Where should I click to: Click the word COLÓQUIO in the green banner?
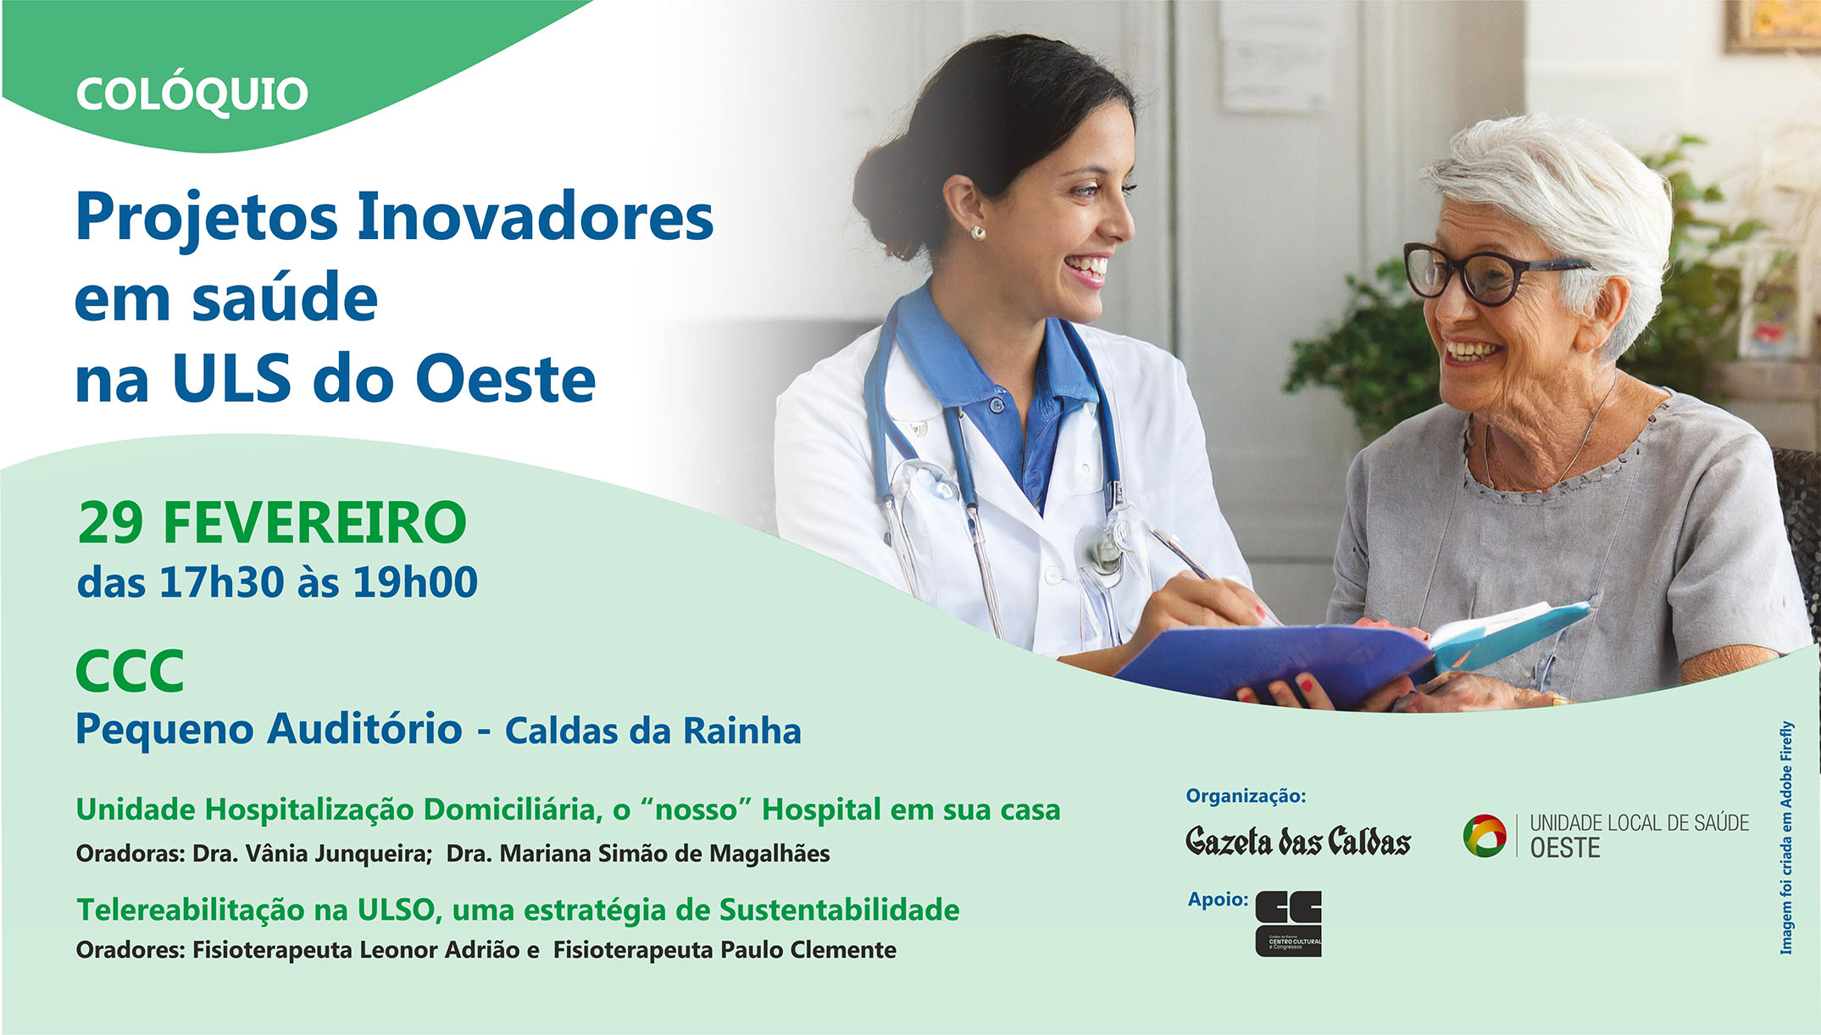point(192,93)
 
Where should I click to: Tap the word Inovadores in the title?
point(535,217)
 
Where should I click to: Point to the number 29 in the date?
point(110,522)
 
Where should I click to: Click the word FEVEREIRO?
point(314,522)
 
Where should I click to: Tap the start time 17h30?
point(221,582)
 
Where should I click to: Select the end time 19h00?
point(415,582)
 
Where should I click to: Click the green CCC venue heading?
point(130,671)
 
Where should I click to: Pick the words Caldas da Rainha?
point(652,731)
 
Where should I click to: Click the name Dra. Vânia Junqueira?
point(313,853)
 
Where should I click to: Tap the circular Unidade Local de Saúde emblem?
point(1485,835)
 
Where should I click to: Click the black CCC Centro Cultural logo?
point(1288,924)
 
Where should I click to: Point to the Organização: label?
point(1246,795)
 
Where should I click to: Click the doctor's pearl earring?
point(977,232)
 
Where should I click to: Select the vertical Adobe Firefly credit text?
point(1786,837)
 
